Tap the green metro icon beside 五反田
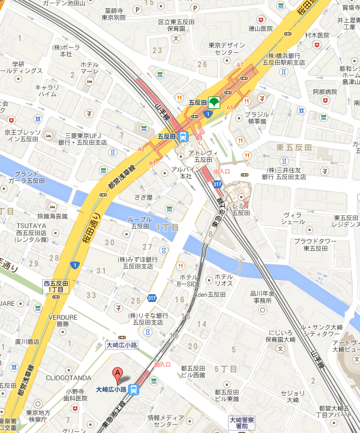click(x=214, y=103)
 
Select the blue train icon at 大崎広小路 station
click(x=134, y=389)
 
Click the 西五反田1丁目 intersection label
click(x=56, y=286)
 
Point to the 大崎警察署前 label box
click(x=242, y=423)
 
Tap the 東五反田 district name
click(x=294, y=147)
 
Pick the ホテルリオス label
click(x=224, y=280)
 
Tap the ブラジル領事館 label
click(x=256, y=118)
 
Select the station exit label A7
click(x=240, y=65)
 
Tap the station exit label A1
click(x=152, y=162)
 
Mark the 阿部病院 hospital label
click(x=325, y=92)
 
